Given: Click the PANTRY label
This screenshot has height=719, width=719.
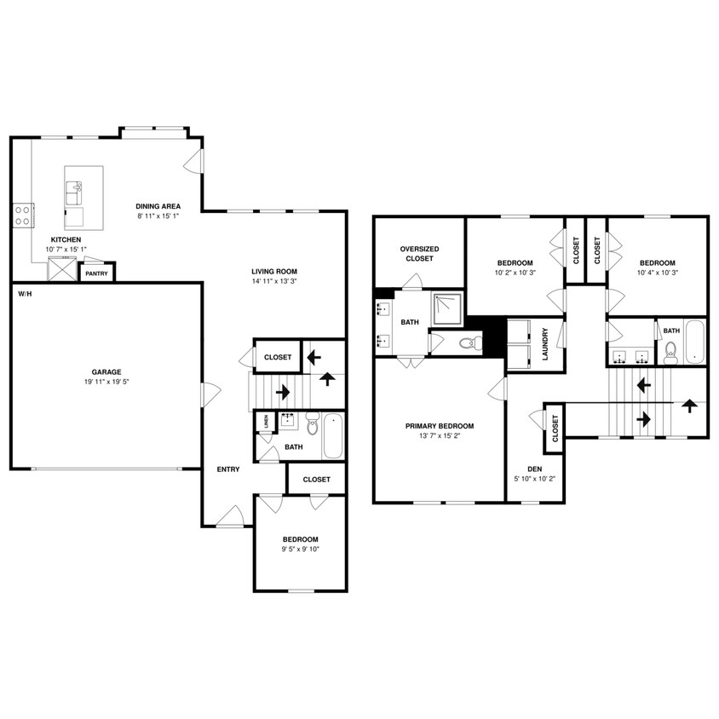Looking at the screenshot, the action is coord(96,273).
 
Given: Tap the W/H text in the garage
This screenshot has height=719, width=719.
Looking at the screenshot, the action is coord(26,294).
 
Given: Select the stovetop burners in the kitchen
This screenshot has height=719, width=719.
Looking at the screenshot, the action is coord(22,216).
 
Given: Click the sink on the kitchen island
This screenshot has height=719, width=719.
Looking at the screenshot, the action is coord(74,193).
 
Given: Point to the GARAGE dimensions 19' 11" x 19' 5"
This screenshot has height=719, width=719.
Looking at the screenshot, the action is coord(106,382).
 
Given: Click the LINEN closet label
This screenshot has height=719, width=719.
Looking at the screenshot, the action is coord(266,422).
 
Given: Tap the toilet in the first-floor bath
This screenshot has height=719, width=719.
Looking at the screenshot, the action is coord(313,423).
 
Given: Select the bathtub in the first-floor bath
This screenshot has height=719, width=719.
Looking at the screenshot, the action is coord(333,435).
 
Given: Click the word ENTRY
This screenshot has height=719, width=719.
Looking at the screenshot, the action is coord(228,469).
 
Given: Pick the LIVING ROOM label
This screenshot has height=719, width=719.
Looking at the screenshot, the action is coord(274,272).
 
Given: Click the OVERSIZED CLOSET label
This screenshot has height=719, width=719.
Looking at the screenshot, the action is coord(420,254).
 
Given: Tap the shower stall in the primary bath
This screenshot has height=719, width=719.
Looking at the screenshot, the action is coord(446,308).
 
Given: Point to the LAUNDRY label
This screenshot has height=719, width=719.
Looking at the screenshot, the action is coord(545,344).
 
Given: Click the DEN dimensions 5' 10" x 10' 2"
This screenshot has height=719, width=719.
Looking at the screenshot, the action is coord(535,479).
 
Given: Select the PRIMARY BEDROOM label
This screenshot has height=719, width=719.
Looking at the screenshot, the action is coord(440,426).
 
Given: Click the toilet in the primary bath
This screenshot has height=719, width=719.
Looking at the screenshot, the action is coord(471,342).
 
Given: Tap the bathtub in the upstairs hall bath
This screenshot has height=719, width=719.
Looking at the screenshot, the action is coord(694,342).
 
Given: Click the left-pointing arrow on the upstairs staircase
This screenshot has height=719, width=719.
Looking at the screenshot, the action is coord(644,385).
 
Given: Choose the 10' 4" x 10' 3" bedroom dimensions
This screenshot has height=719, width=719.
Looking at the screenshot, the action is coord(658,273).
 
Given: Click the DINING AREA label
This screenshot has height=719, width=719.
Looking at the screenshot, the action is coord(158,206).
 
